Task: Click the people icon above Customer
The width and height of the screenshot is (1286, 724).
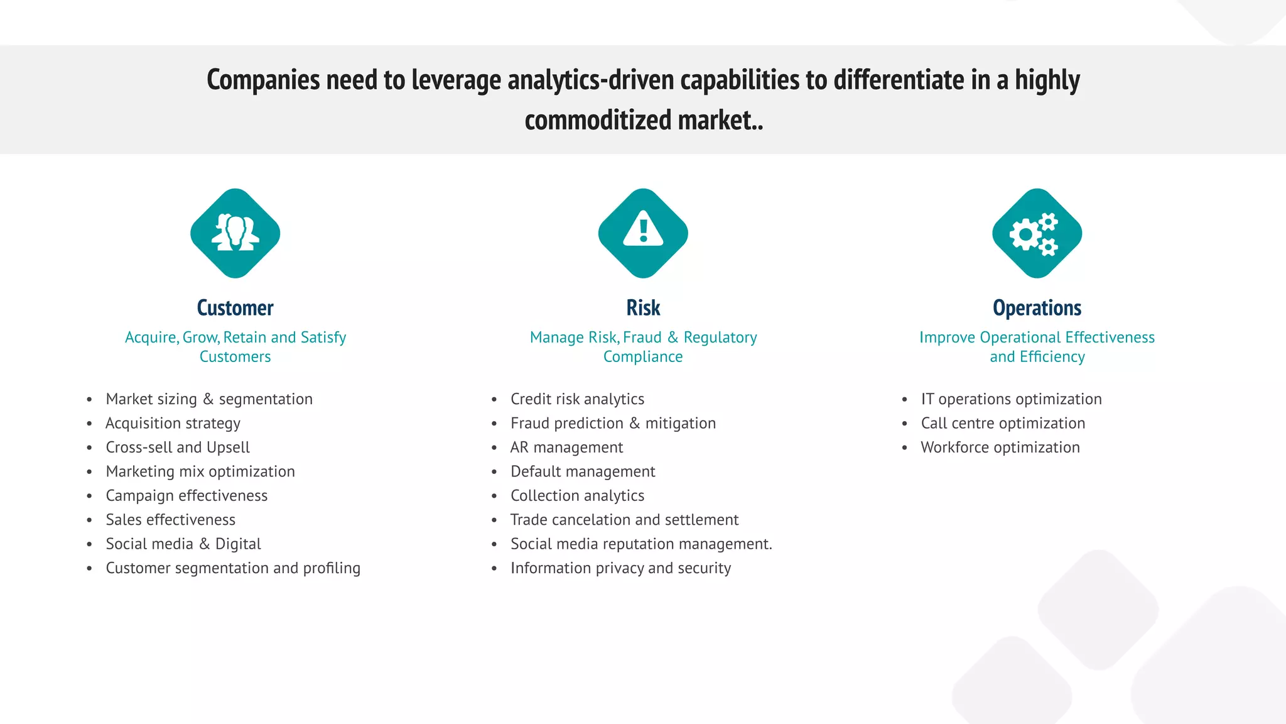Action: (235, 233)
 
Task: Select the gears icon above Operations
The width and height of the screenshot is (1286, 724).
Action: (1037, 233)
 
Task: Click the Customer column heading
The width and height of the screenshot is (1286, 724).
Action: (235, 308)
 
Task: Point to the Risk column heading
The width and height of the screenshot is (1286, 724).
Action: (643, 308)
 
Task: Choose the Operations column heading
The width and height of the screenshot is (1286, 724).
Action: (1037, 308)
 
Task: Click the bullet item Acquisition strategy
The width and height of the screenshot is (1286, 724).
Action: (173, 424)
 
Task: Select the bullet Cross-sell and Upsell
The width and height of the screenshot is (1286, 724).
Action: (178, 447)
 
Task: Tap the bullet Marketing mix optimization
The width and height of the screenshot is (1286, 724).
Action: (200, 472)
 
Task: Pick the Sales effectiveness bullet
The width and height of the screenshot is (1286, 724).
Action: (171, 520)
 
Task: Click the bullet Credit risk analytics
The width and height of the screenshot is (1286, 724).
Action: (577, 399)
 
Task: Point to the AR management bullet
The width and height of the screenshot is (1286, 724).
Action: (566, 447)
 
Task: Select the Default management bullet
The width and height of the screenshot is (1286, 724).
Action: (583, 472)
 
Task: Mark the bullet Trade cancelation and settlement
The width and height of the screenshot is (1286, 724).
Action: (624, 520)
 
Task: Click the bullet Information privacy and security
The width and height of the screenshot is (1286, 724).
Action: (620, 568)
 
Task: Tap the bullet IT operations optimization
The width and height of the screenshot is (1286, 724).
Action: (1011, 399)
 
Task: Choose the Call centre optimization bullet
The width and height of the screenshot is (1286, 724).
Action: (1003, 424)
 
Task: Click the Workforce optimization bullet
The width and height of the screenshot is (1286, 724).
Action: (1000, 447)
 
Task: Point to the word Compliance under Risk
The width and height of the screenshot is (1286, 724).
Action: (643, 357)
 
